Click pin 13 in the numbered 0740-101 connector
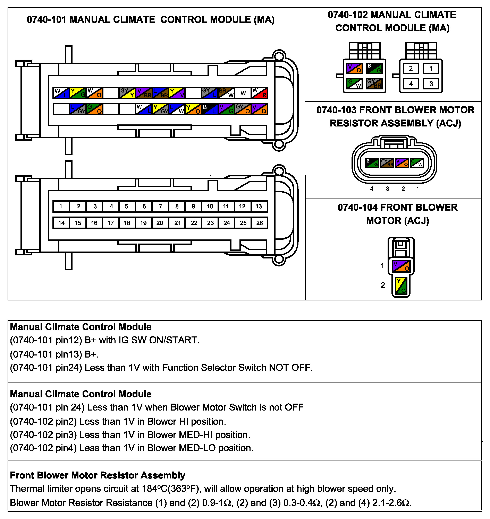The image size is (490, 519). coord(259,206)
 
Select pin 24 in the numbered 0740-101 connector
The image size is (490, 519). coord(227,223)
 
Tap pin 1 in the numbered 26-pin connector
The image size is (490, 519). coord(61,206)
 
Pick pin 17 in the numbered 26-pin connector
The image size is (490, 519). coord(111,223)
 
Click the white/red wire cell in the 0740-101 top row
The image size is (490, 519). coord(260,93)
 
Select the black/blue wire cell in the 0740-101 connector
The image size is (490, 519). coord(210,109)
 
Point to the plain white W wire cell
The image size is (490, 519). coord(243,93)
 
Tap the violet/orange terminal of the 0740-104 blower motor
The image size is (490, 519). coord(401,266)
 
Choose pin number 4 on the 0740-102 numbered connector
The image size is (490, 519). coord(411,84)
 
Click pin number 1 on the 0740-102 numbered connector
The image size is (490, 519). coord(431,69)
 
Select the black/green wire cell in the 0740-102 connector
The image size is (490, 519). coord(374,68)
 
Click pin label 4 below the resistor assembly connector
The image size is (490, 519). coord(372,189)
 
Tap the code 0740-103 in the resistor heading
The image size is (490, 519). coord(336,110)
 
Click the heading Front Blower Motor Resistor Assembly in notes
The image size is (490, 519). coord(98,475)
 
